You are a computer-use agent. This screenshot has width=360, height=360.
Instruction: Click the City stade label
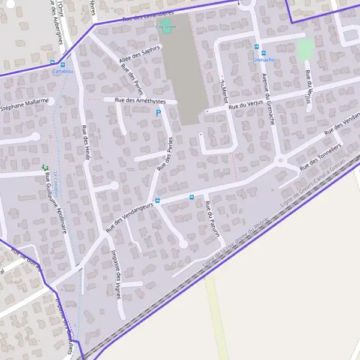coord(166,27)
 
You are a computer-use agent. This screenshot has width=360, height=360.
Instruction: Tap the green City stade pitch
coord(166,22)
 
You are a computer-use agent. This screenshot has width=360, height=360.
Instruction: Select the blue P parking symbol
coord(158,112)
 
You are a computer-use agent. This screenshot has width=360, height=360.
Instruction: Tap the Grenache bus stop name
coord(263,60)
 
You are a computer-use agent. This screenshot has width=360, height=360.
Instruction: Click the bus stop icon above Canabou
coord(53,62)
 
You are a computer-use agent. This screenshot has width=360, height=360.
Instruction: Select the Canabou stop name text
coord(62,71)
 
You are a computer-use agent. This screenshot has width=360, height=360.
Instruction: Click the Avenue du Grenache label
coord(268,98)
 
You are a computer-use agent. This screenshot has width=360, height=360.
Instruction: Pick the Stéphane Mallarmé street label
coord(24,106)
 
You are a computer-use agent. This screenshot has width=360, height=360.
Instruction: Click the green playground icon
coord(44,168)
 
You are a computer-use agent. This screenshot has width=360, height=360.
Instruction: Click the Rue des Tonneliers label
coord(320,156)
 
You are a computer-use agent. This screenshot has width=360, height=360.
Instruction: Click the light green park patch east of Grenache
coord(305,49)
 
